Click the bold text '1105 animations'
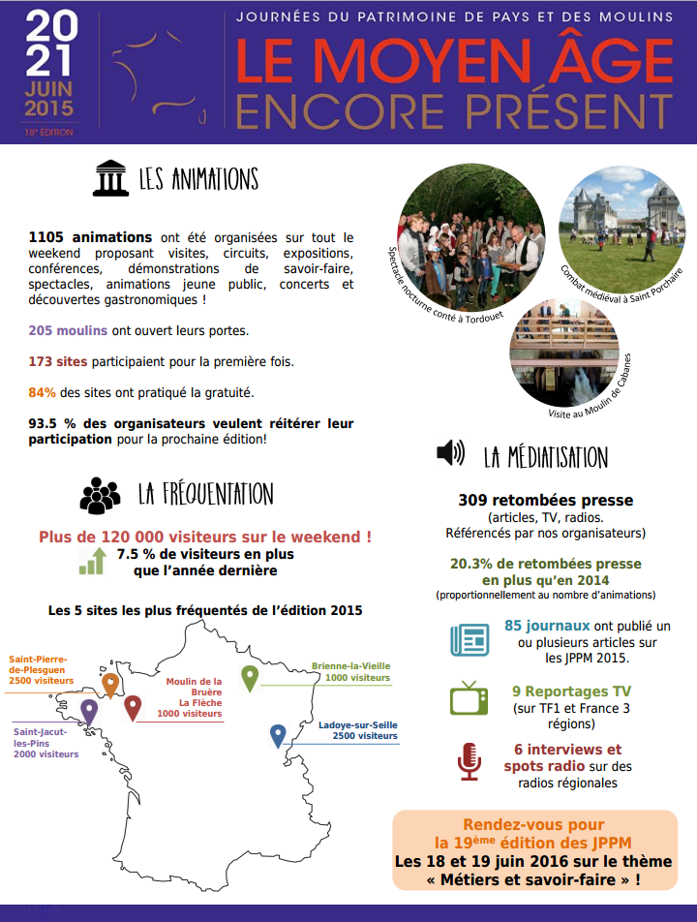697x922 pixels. pos(91,237)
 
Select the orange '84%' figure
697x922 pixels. pos(43,392)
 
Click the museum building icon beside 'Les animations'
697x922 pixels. pos(111,179)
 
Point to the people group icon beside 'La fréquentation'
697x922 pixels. pos(100,495)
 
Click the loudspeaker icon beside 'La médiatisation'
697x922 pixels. pos(451,452)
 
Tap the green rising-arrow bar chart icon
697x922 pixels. pos(92,561)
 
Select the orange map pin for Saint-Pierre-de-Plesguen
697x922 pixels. pos(110,685)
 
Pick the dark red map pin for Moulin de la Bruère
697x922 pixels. pos(133,709)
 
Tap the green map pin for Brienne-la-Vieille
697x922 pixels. pos(250,678)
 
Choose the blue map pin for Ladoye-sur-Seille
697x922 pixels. pos(278,736)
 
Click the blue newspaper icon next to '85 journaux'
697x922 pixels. pos(469,640)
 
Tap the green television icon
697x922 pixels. pos(469,698)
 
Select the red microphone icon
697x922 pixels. pos(470,761)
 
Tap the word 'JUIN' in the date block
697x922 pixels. pos(48,86)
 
